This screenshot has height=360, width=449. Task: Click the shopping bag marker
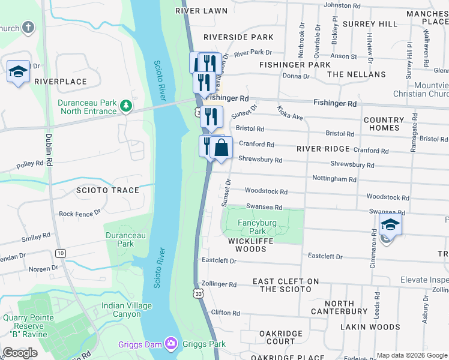click(x=221, y=148)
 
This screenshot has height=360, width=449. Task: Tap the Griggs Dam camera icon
click(x=171, y=344)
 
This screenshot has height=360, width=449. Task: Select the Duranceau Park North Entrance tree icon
click(x=125, y=106)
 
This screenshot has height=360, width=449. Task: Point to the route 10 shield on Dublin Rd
click(x=61, y=253)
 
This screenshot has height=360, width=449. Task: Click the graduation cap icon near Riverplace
click(x=18, y=71)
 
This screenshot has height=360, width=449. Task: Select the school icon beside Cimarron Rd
click(x=390, y=226)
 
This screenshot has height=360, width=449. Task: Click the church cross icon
click(x=28, y=28)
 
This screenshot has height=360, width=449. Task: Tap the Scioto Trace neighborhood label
click(x=107, y=190)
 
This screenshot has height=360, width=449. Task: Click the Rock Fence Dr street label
click(x=79, y=214)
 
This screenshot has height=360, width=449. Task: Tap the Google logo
click(x=20, y=353)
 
